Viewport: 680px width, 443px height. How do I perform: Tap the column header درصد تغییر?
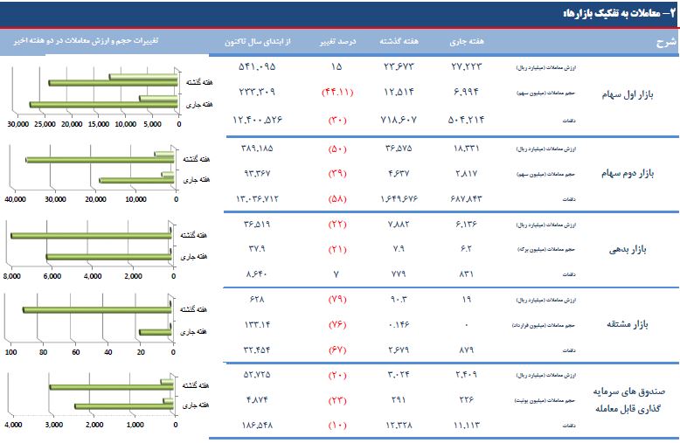click(337, 41)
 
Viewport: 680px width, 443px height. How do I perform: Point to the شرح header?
click(667, 41)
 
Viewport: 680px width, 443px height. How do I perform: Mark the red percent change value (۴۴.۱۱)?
click(337, 92)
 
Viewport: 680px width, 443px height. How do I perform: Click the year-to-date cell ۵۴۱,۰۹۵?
click(255, 66)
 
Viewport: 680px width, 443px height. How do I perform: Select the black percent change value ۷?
click(337, 274)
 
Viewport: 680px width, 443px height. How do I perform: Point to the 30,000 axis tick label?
click(17, 124)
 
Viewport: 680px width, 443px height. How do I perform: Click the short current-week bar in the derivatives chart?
click(155, 332)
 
